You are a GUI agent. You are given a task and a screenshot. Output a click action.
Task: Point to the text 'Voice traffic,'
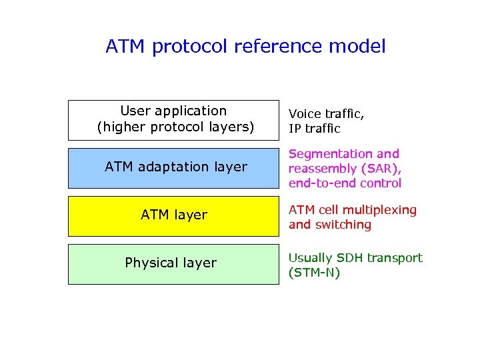(326, 114)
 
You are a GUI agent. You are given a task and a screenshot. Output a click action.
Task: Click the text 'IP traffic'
(314, 129)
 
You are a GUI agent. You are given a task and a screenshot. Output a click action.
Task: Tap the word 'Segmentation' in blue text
(322, 154)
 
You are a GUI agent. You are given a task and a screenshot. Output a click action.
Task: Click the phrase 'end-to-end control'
(345, 183)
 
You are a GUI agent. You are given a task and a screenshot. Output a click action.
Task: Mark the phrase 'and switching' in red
(329, 225)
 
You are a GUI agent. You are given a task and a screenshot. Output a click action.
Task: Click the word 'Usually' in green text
(310, 258)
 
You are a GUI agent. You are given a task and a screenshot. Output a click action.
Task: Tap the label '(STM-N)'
(314, 273)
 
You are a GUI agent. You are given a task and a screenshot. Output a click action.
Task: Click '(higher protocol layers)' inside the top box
(175, 127)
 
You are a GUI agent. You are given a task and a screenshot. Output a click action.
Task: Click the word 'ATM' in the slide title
(126, 47)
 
